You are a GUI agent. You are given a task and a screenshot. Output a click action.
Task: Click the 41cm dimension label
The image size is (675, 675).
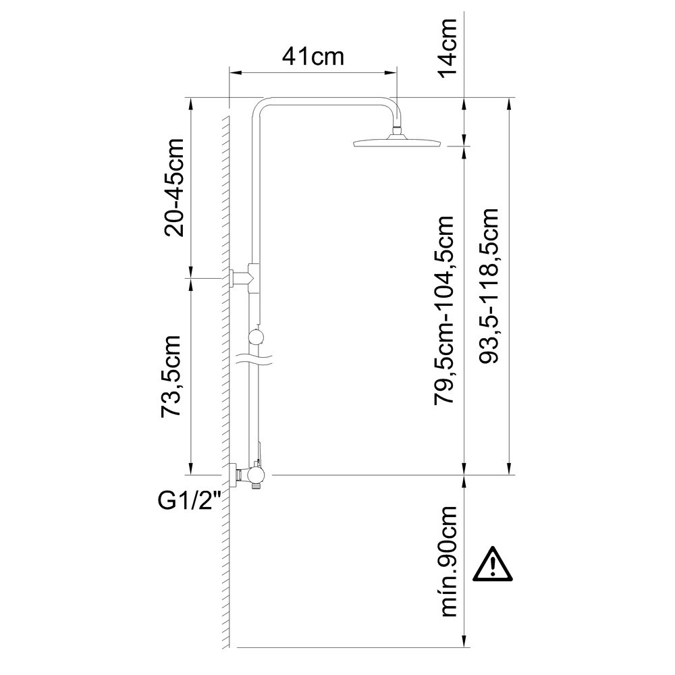tap(313, 57)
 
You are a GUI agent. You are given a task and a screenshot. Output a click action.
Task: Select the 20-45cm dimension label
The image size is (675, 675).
tap(174, 188)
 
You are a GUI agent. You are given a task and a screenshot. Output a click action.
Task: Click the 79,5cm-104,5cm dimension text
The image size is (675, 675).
tap(444, 310)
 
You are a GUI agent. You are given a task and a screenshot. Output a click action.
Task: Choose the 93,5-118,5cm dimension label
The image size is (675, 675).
tap(489, 286)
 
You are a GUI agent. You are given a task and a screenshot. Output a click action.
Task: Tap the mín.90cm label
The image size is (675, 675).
tap(448, 562)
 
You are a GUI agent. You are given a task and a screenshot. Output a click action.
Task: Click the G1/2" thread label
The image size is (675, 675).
tap(190, 501)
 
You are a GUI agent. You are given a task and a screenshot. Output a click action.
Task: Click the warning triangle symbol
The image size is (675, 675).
tap(493, 565)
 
